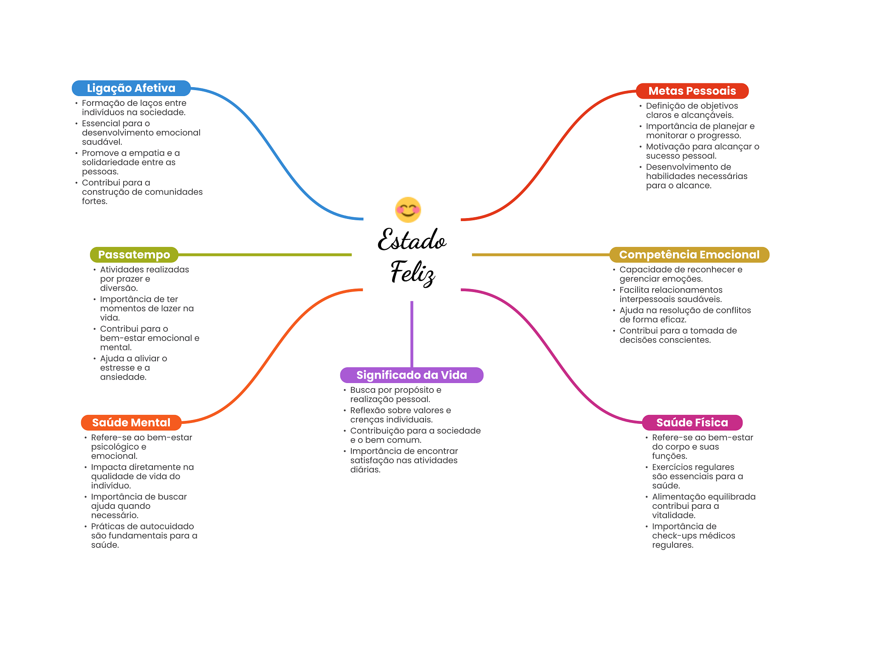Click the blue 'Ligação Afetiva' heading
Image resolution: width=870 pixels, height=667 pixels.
tap(131, 88)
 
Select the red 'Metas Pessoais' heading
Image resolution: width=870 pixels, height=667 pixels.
tap(692, 91)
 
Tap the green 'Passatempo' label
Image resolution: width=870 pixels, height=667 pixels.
tap(134, 255)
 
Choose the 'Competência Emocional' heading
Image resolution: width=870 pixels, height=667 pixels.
tap(689, 255)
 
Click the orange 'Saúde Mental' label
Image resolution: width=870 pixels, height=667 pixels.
tap(131, 423)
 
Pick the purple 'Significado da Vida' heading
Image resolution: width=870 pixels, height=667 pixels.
tap(411, 375)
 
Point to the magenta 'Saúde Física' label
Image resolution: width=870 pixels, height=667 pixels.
tap(692, 423)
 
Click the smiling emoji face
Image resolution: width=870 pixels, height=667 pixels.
tap(408, 210)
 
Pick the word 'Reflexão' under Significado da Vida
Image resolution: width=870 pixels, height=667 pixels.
tap(368, 410)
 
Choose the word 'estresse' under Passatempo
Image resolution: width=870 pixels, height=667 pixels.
tap(117, 368)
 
